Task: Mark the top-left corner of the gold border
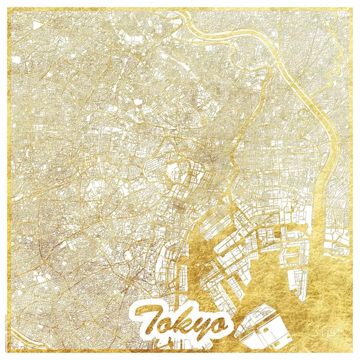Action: point(7,8)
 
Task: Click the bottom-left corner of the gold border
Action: point(7,353)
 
